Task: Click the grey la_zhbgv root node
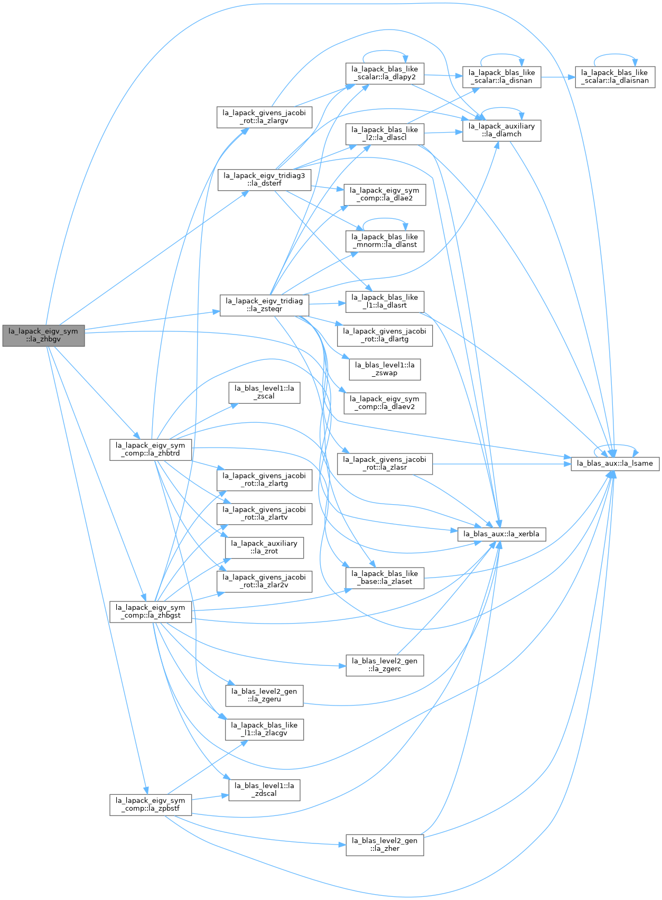pyautogui.click(x=43, y=336)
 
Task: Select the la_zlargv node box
pyautogui.click(x=264, y=117)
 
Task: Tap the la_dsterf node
pyautogui.click(x=264, y=180)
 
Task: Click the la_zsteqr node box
pyautogui.click(x=264, y=305)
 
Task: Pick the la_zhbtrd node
pyautogui.click(x=151, y=450)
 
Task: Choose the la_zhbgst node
pyautogui.click(x=151, y=612)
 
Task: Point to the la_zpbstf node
pyautogui.click(x=151, y=805)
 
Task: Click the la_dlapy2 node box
pyautogui.click(x=385, y=73)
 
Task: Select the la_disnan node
pyautogui.click(x=502, y=77)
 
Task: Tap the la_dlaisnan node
pyautogui.click(x=615, y=77)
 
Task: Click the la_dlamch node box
pyautogui.click(x=502, y=131)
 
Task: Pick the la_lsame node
pyautogui.click(x=615, y=464)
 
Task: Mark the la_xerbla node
pyautogui.click(x=502, y=534)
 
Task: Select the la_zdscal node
pyautogui.click(x=264, y=790)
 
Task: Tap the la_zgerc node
pyautogui.click(x=385, y=665)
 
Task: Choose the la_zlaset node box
pyautogui.click(x=385, y=578)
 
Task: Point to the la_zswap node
pyautogui.click(x=385, y=369)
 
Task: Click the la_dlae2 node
pyautogui.click(x=385, y=195)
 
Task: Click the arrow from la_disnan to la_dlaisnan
pyautogui.click(x=558, y=77)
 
